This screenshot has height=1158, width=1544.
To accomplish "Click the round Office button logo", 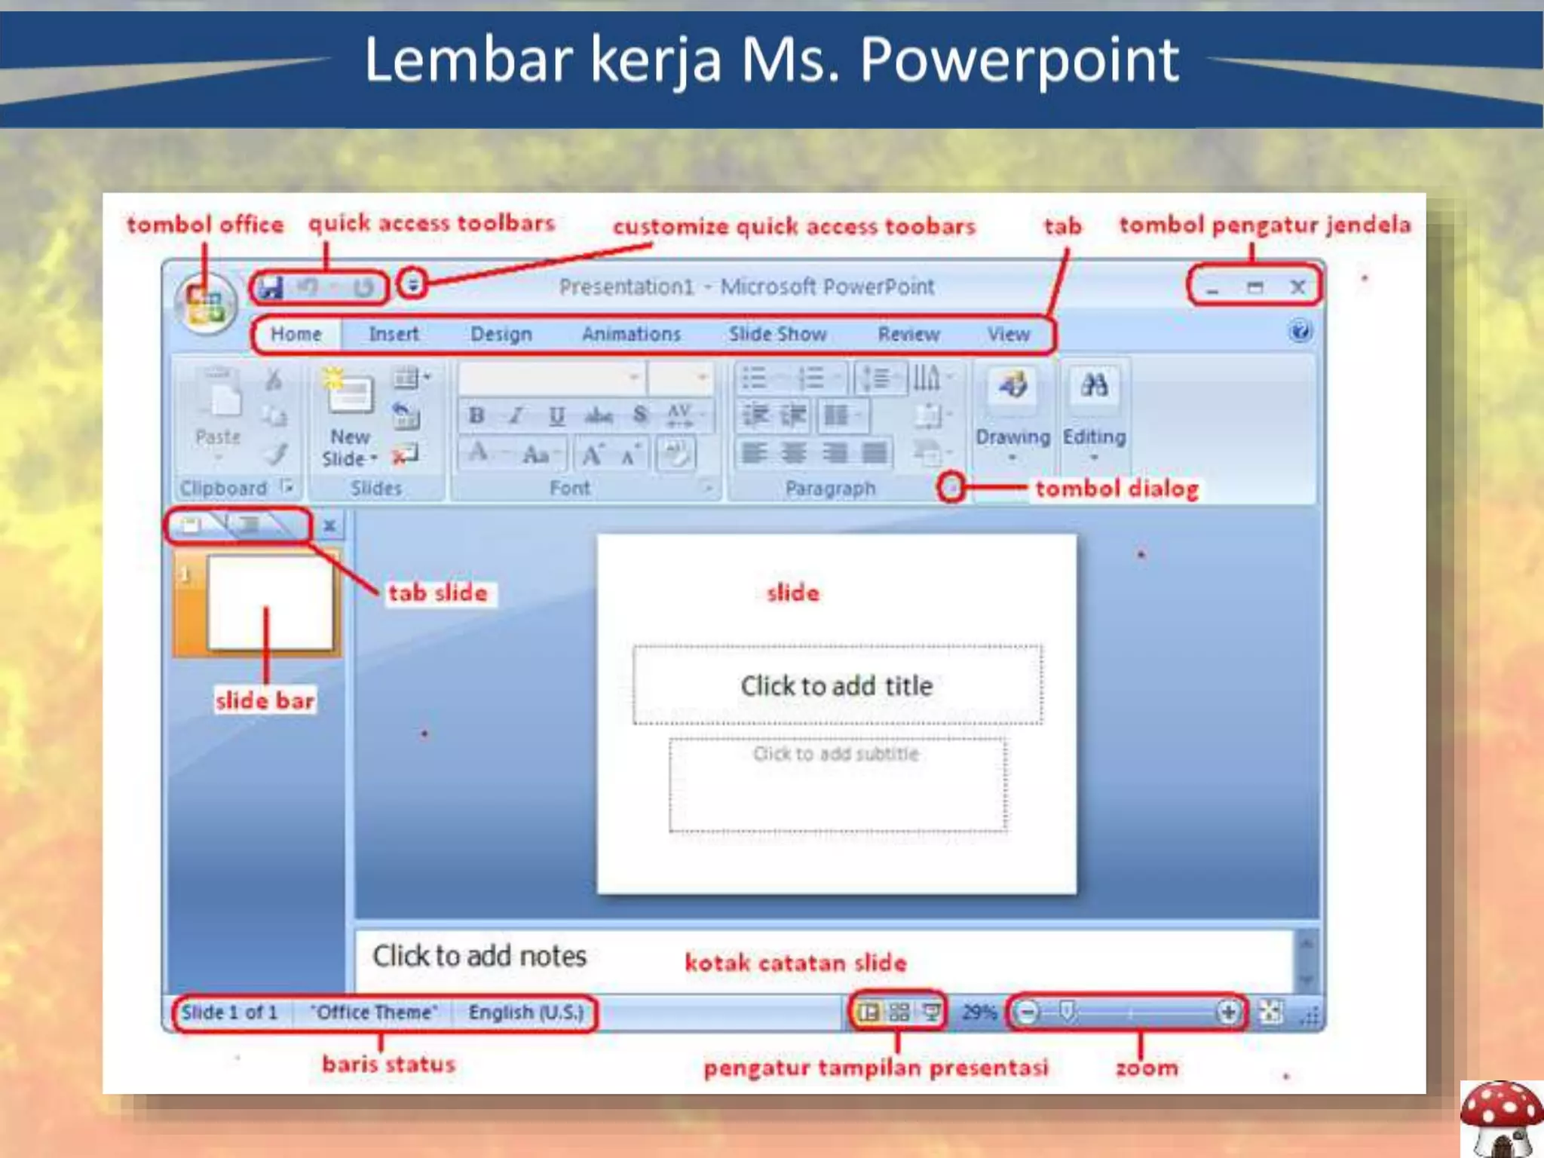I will coord(205,303).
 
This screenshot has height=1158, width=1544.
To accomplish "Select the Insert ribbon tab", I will coord(394,334).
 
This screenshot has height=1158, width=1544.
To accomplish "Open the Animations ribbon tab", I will coord(631,334).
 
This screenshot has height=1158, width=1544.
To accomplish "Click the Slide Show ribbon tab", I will coord(777,334).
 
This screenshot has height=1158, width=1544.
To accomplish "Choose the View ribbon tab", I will coord(1009,334).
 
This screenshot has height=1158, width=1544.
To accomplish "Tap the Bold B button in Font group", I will coord(476,415).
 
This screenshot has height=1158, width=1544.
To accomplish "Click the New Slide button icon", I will coord(348,393).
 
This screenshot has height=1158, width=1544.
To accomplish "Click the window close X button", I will coord(1297,287).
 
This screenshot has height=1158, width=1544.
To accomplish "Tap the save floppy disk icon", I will coord(270,287).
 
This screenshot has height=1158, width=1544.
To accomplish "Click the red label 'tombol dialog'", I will coord(1117,489).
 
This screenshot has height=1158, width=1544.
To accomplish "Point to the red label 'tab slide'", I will coord(438,593).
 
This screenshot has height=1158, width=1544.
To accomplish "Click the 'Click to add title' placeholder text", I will coord(836,686).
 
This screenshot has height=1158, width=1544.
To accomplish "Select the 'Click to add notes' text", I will coord(479,956).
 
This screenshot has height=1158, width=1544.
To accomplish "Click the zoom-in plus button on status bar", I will coord(1228,1012).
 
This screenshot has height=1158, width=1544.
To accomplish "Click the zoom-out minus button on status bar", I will coord(1028,1012).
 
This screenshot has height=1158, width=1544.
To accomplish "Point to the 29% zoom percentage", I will coord(979,1012).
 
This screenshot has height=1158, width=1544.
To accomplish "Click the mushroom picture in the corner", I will coord(1500,1119).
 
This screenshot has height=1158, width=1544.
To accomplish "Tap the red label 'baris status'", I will coord(389,1064).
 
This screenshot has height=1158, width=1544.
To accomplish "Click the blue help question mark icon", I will coord(1300,332).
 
